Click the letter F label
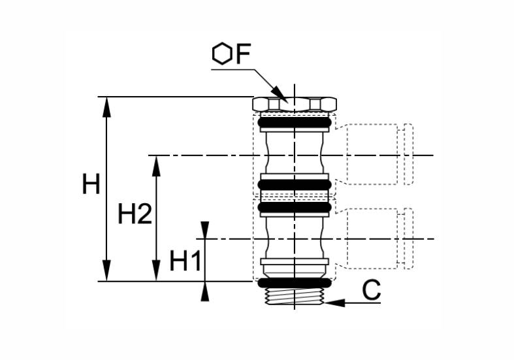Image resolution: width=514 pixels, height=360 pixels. [x=243, y=54]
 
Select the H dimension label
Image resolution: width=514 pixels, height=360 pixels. [x=91, y=184]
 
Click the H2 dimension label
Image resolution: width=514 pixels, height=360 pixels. [x=135, y=214]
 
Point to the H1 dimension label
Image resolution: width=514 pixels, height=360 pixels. [x=185, y=261]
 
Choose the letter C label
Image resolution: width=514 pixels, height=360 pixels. [x=372, y=290]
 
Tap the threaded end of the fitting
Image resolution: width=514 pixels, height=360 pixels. [x=295, y=297]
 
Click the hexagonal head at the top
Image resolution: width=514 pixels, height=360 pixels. [x=295, y=104]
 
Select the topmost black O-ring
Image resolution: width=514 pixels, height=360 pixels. [x=295, y=123]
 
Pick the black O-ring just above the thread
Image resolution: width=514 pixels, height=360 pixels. [x=295, y=283]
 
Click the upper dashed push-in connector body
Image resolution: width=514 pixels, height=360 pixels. [x=372, y=154]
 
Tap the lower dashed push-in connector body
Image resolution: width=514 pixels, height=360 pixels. [x=372, y=238]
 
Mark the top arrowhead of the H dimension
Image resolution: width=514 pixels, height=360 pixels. [x=106, y=107]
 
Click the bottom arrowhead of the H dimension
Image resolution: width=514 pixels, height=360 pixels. [x=106, y=271]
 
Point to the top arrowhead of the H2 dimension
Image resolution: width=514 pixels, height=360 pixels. [x=157, y=166]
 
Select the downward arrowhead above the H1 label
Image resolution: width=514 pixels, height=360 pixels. [x=205, y=230]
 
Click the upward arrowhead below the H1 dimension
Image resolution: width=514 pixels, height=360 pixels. [x=205, y=292]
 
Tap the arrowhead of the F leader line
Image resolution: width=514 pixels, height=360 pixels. [x=280, y=95]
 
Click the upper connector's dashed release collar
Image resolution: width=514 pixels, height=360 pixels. [x=408, y=154]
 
